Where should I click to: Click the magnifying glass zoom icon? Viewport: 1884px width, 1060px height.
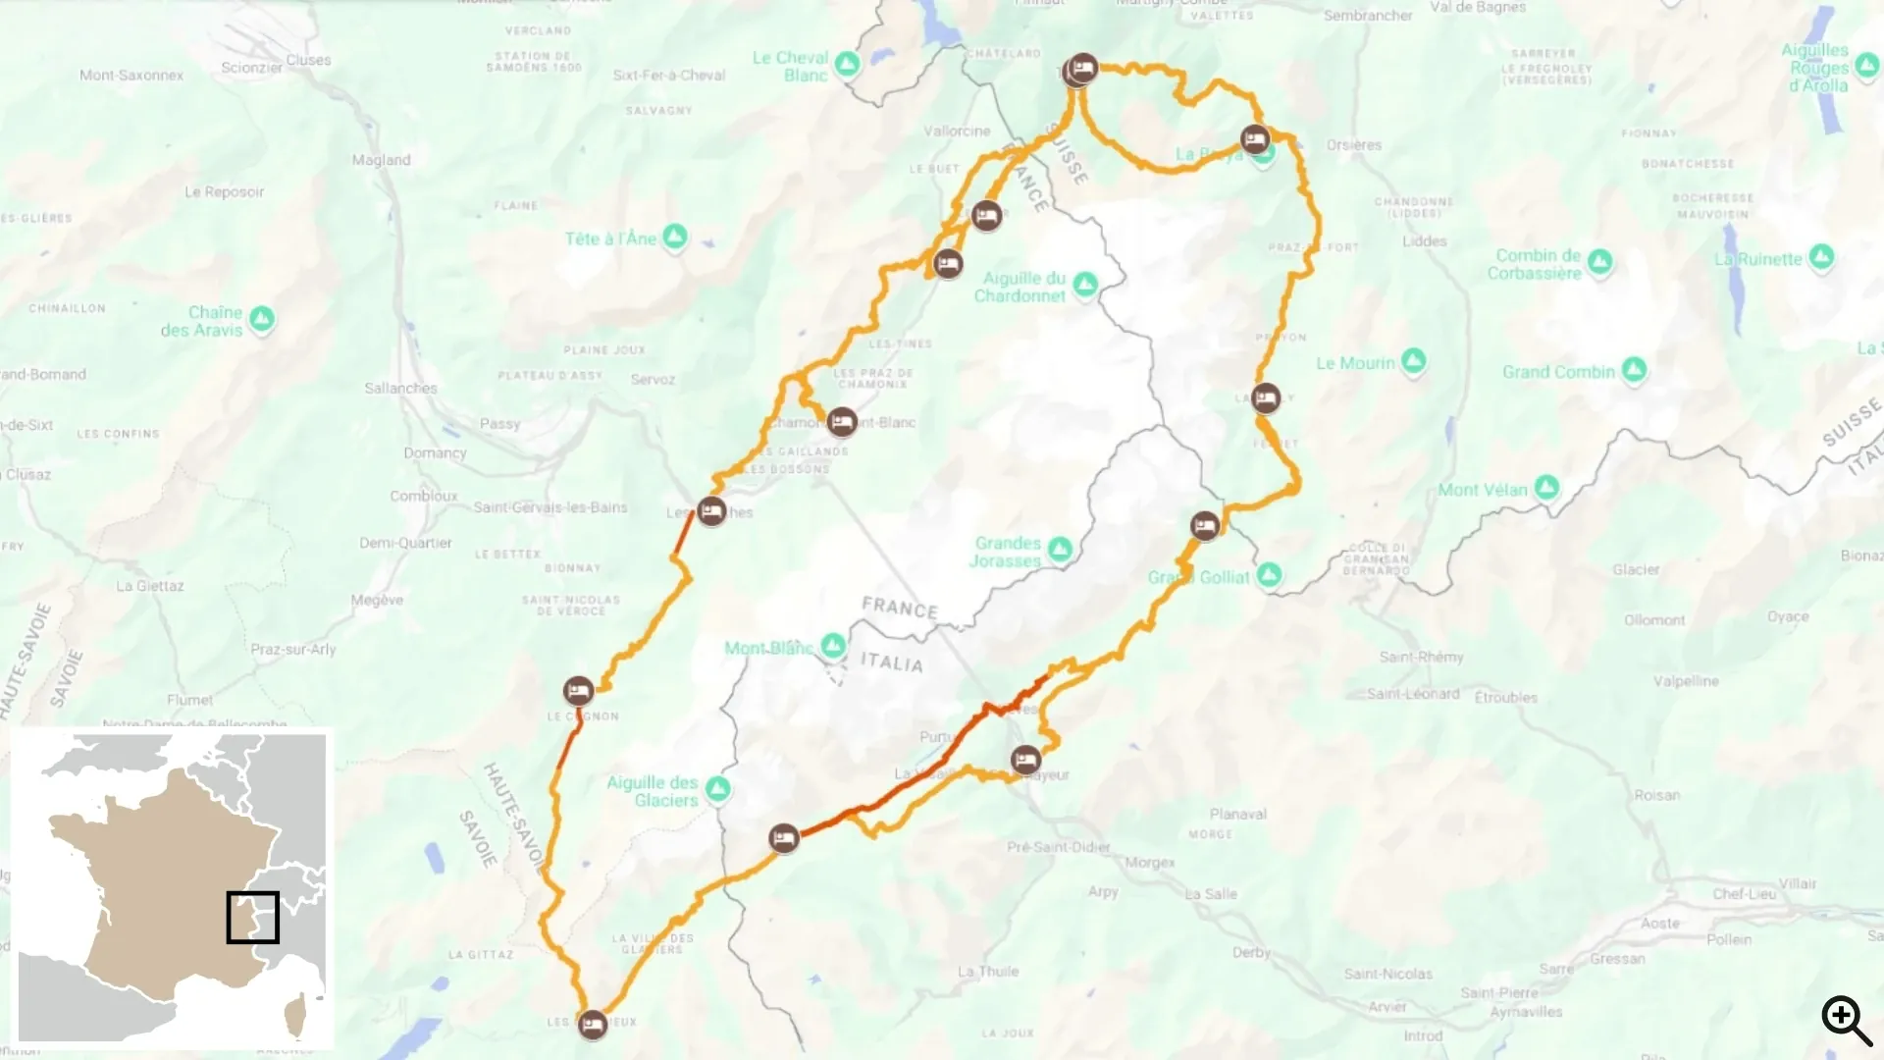pos(1847,1021)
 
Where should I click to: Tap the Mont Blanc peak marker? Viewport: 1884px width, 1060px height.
pos(833,646)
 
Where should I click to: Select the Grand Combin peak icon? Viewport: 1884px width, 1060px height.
pos(1634,370)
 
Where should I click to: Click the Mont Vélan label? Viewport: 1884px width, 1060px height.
pos(1482,490)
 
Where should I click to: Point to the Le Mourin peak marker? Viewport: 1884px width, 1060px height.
pos(1413,361)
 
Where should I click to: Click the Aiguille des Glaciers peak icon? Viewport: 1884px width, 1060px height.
pos(718,788)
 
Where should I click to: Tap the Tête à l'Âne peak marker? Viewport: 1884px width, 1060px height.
pos(674,237)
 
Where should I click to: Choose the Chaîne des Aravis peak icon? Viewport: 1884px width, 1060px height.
pos(261,319)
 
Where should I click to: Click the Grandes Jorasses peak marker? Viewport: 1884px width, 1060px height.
pos(1060,549)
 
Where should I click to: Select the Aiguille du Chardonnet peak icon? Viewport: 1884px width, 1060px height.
pos(1084,285)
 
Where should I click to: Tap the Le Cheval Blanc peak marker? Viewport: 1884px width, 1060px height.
pos(847,65)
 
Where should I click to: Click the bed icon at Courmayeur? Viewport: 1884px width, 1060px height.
pos(1025,760)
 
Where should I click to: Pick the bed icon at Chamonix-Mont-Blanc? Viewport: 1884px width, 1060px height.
pos(841,422)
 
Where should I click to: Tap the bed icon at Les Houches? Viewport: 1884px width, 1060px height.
pos(711,511)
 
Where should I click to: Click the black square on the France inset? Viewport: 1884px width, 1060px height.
pos(253,917)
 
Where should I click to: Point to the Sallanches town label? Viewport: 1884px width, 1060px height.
pos(400,389)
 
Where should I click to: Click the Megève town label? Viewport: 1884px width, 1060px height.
pos(377,601)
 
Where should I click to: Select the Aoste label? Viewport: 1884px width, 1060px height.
pos(1659,924)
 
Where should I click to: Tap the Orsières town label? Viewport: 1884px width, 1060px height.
pos(1353,145)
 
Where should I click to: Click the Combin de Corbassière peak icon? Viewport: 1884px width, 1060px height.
pos(1599,262)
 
